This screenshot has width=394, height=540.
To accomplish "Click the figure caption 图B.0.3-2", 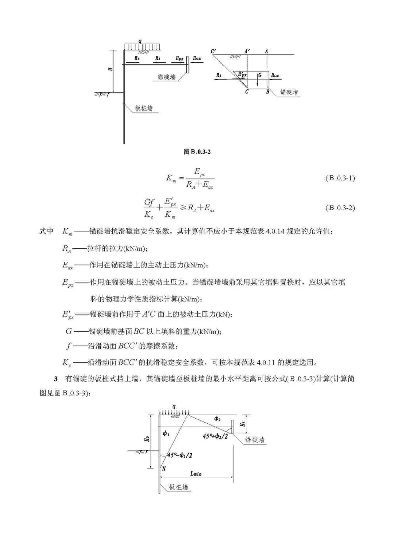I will coord(197,152).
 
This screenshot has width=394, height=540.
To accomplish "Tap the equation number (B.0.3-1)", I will coord(340,178).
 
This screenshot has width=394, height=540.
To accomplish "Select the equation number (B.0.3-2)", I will coord(340,208).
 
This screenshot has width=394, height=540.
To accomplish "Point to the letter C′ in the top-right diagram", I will coord(213,51).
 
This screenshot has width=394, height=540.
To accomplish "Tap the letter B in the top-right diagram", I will coord(267,92).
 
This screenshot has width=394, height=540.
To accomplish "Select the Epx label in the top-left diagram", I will coord(179,58).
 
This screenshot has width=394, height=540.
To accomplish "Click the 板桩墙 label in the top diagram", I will coord(144,108).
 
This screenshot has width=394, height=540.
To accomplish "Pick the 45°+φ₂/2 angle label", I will coord(215,436).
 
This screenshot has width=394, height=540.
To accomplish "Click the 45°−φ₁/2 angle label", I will coord(180,455).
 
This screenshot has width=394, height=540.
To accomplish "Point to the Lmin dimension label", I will coord(196,474).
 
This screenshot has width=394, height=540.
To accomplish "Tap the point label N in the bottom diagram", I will coord(164,469).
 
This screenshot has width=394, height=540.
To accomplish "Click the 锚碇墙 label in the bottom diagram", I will coord(255,440).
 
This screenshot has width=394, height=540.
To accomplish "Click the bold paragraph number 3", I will coord(56,379).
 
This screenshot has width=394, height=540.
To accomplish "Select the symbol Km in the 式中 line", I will coord(67,232).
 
